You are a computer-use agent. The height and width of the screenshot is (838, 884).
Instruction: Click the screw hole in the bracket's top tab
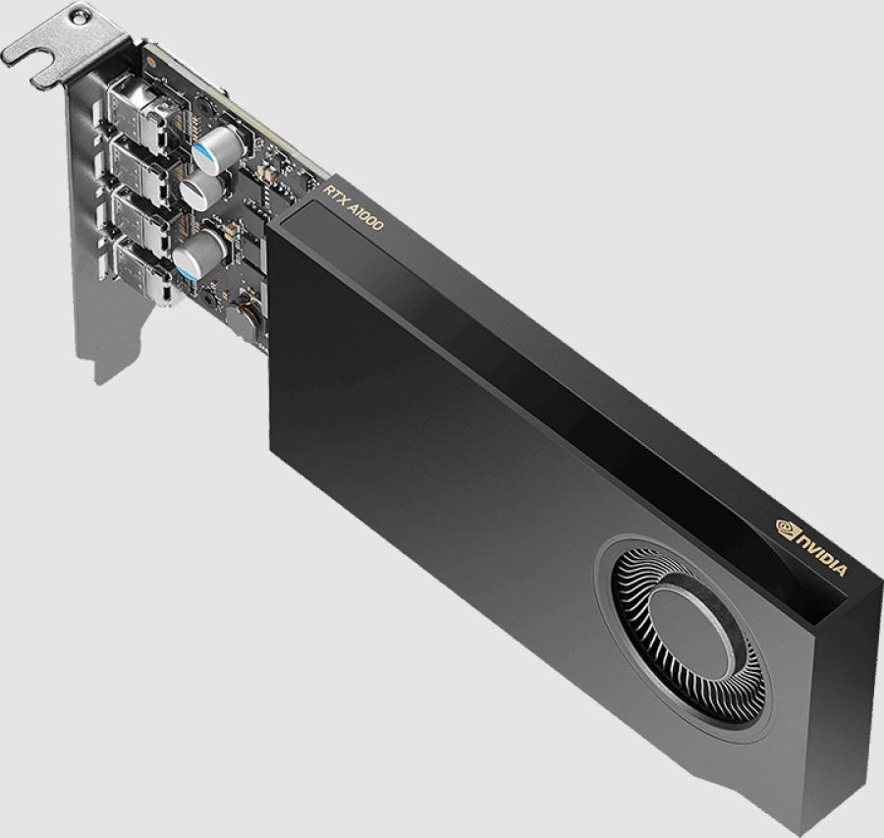pyautogui.click(x=80, y=19)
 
